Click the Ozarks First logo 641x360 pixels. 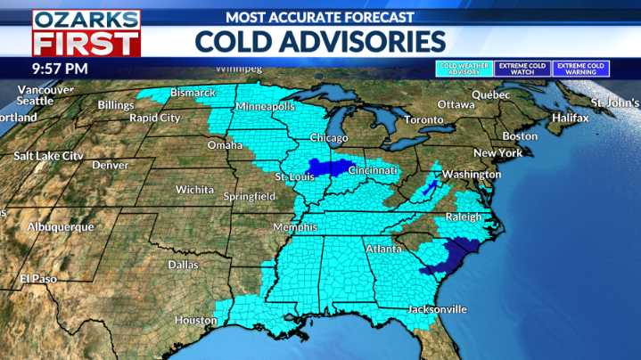click(86, 33)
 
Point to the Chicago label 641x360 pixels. click(330, 138)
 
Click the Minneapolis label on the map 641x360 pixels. click(266, 107)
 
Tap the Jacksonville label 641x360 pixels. click(437, 309)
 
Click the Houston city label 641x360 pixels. click(195, 320)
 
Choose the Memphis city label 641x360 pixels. click(295, 227)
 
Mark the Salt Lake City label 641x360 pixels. click(48, 156)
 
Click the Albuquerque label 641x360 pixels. click(61, 227)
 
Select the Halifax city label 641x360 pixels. click(571, 118)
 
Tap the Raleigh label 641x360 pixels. click(463, 217)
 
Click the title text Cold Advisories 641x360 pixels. click(319, 41)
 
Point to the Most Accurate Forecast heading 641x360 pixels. click(319, 17)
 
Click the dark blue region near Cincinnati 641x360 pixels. click(331, 167)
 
